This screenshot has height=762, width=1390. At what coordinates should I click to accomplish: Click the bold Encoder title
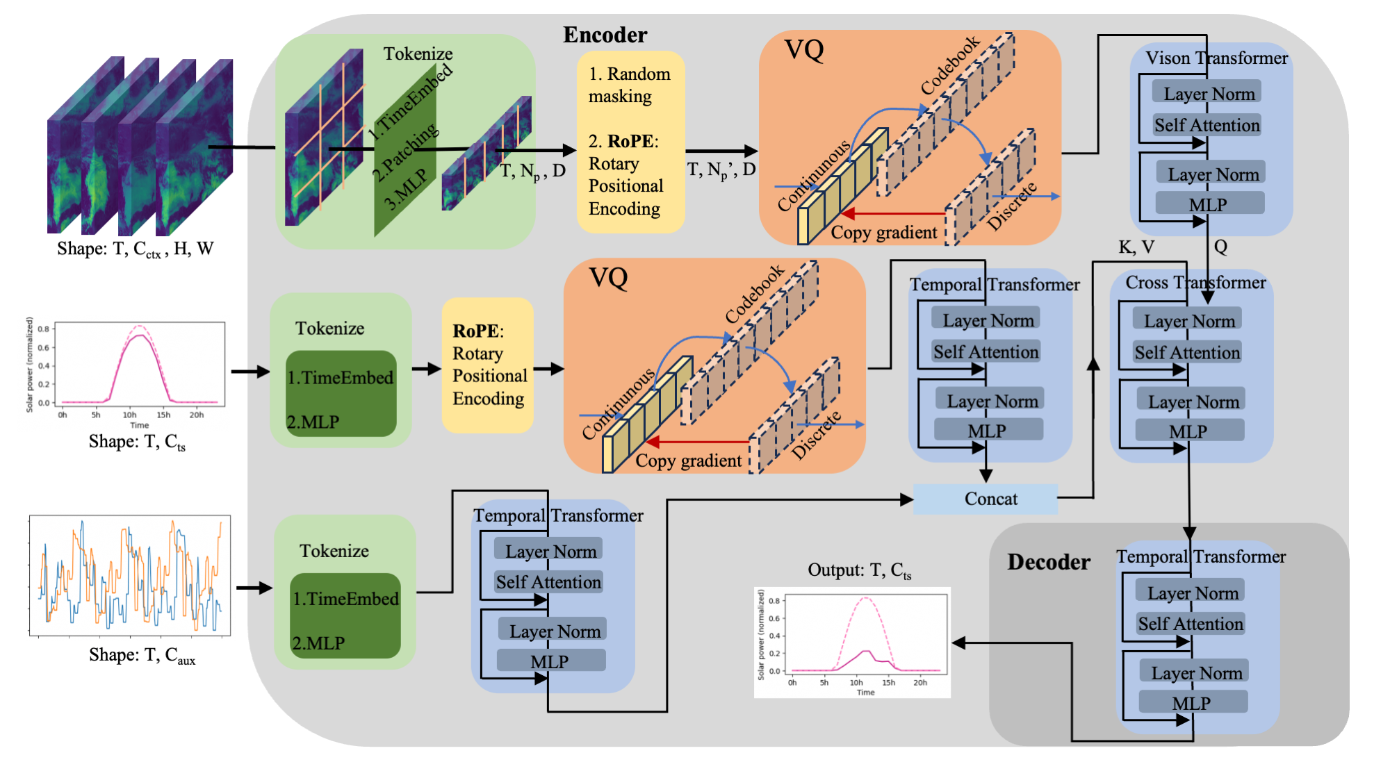(x=605, y=35)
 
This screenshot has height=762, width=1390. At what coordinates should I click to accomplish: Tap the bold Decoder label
(x=1048, y=561)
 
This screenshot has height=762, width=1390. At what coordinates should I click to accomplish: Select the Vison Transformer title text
(x=1216, y=58)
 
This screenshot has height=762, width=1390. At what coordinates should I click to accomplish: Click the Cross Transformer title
(x=1195, y=283)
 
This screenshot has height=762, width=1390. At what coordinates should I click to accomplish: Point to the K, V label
(x=1136, y=247)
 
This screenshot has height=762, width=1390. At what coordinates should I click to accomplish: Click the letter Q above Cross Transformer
(x=1220, y=247)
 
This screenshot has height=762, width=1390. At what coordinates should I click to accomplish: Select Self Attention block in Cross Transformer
(x=1187, y=352)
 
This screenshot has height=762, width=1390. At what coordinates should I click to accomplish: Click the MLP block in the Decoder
(x=1193, y=703)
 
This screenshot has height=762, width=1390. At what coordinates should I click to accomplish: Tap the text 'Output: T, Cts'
(x=859, y=571)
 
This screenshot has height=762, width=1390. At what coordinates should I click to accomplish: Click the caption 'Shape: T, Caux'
(x=142, y=656)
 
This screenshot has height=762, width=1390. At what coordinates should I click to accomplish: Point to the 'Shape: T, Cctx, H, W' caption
(x=135, y=249)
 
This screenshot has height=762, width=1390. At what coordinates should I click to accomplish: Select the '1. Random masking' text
(x=629, y=85)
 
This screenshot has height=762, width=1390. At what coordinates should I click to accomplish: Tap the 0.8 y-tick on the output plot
(x=775, y=601)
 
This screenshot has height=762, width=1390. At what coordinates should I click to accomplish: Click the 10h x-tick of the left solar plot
(x=129, y=415)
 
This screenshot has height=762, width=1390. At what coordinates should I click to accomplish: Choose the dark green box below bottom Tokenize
(x=345, y=616)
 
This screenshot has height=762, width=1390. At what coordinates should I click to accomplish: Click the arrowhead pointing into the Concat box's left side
(x=906, y=499)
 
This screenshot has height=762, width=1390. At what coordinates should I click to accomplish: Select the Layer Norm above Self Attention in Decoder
(x=1193, y=593)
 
